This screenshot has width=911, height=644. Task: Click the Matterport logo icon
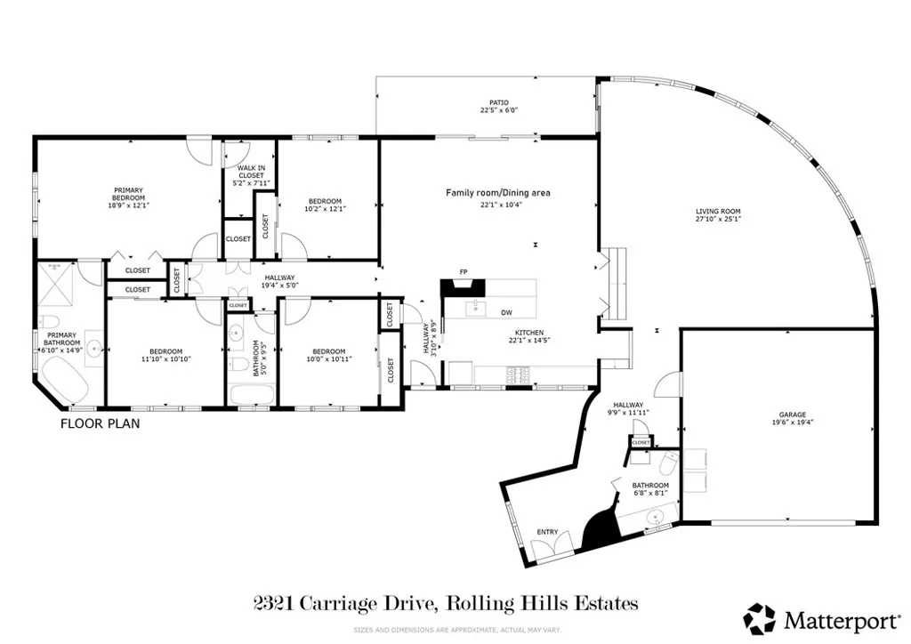759,617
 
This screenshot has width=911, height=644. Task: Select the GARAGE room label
793,415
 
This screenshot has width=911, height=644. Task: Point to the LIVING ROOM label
718,211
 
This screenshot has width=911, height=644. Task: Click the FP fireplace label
464,271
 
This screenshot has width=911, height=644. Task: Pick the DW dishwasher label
505,312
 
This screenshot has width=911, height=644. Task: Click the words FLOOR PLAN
100,423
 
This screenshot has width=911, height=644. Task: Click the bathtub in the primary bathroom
61,386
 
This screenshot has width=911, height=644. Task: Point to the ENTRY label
547,532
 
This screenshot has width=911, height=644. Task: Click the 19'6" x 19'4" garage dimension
793,424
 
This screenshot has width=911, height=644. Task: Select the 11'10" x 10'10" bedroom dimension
166,359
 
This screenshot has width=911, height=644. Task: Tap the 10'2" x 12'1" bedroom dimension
325,209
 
